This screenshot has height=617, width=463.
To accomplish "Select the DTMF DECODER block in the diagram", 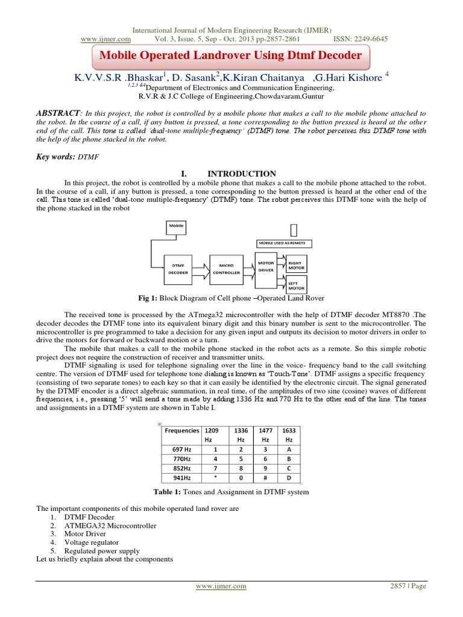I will click(x=178, y=269).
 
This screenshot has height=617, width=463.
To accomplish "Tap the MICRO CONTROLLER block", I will click(x=226, y=269).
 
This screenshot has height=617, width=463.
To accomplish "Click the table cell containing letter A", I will click(x=289, y=449).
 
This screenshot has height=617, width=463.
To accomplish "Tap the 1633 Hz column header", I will click(x=289, y=434).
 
